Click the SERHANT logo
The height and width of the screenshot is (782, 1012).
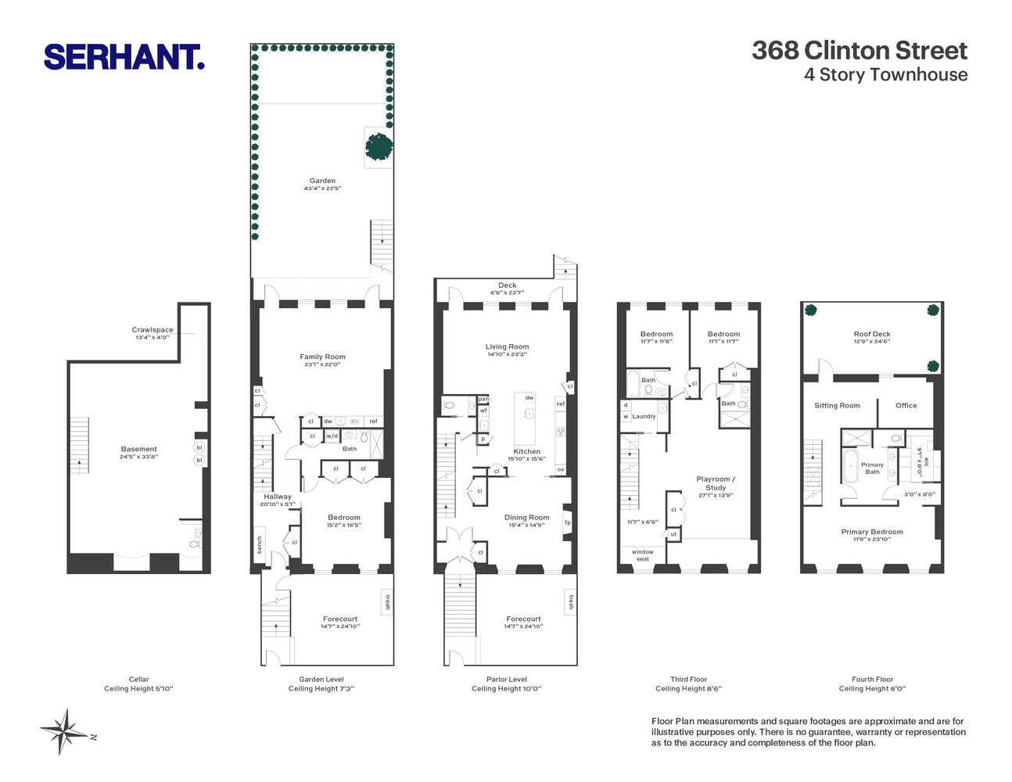(x=124, y=57)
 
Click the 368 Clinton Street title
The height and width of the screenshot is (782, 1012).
(x=859, y=51)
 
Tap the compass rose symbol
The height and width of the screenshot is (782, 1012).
(x=65, y=731)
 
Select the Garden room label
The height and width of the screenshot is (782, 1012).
(x=322, y=181)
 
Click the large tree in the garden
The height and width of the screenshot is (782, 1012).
(x=379, y=145)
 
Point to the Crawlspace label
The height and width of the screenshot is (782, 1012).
(x=153, y=330)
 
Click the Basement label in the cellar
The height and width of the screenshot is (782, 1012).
(x=139, y=449)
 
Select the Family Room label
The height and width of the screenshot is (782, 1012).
(x=322, y=357)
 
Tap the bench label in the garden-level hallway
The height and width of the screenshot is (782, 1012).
(x=260, y=545)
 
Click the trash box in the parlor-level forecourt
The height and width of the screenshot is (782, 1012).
(x=570, y=602)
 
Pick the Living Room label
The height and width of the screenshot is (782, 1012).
(x=507, y=346)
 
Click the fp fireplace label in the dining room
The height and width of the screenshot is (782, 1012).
(x=568, y=522)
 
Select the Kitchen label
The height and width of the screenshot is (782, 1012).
(x=526, y=451)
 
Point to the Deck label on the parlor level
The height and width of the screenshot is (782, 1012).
(x=508, y=285)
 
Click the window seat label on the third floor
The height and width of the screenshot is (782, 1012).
(x=642, y=555)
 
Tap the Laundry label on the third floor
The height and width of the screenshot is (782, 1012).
(x=644, y=416)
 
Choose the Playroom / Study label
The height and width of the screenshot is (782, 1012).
(x=716, y=483)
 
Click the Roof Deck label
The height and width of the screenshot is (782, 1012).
(x=872, y=334)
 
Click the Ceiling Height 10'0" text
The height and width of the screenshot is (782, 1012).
(x=507, y=689)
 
